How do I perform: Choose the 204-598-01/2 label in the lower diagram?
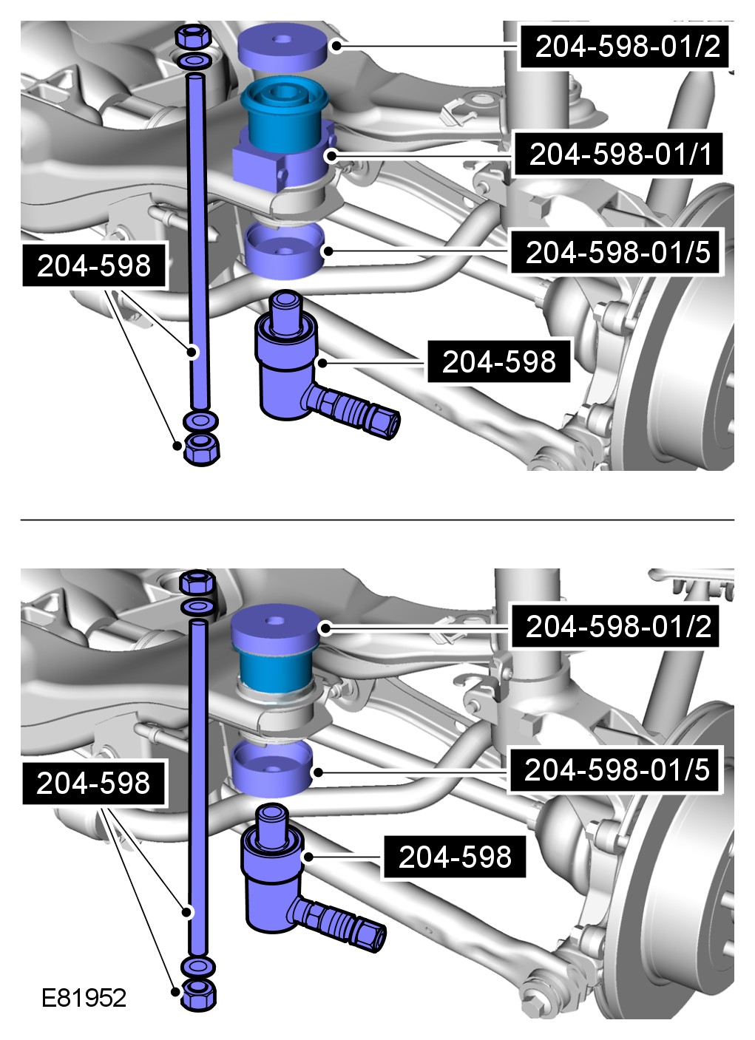(x=616, y=626)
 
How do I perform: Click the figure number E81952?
(x=84, y=999)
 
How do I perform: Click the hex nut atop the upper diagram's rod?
(x=193, y=36)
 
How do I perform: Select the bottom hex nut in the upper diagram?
(x=201, y=449)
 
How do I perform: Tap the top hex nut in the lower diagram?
(x=197, y=582)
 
